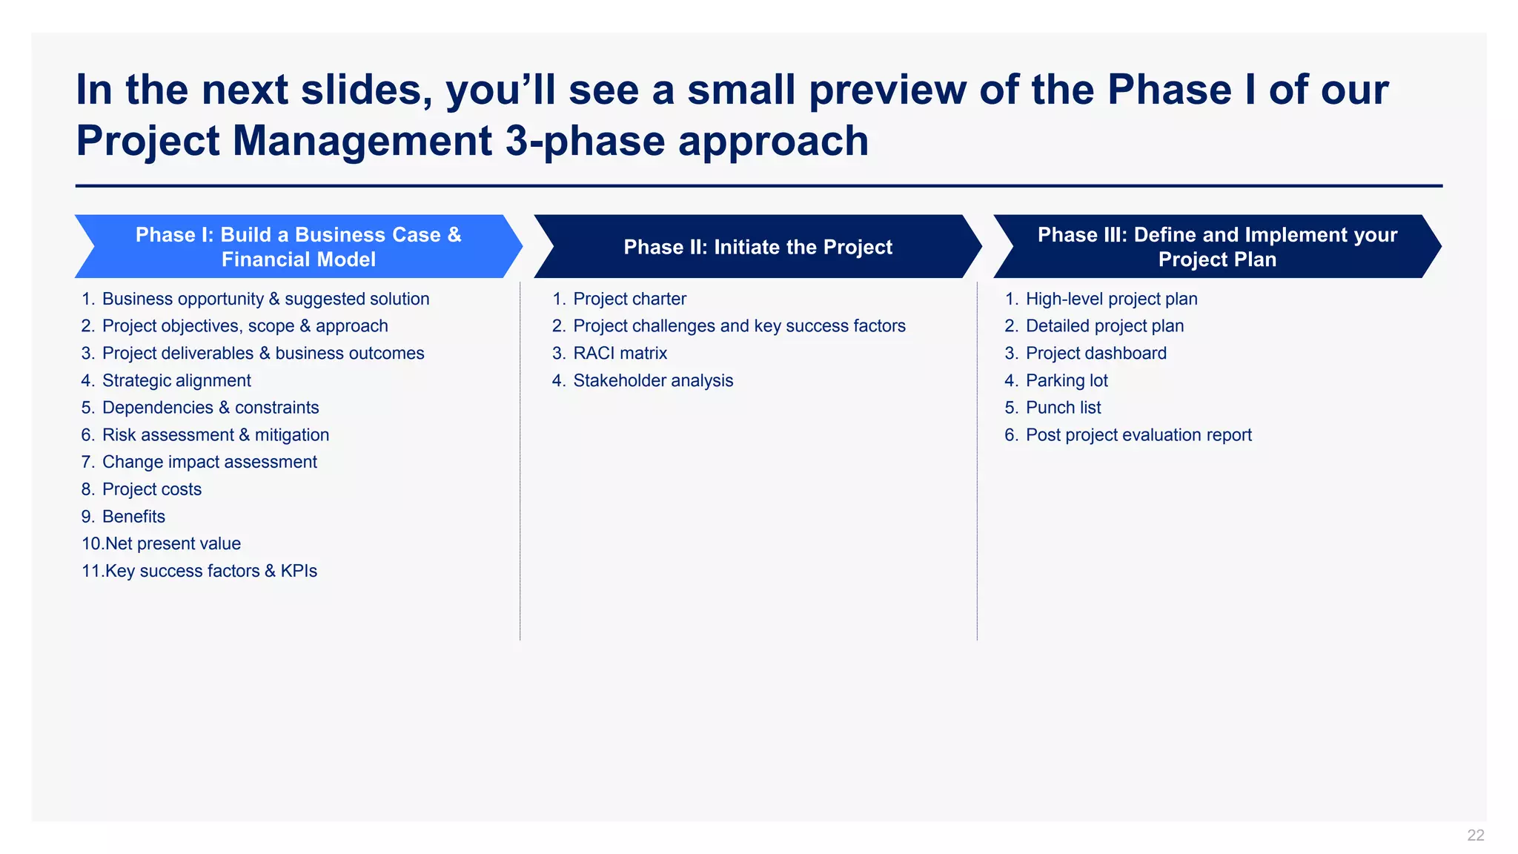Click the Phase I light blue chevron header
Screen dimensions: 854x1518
click(x=298, y=247)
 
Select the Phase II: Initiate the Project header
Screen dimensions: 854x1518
click(x=758, y=247)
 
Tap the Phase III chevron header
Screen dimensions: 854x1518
click(x=1217, y=247)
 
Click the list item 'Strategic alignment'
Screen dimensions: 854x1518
click(x=176, y=380)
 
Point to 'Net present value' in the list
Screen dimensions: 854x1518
click(x=172, y=543)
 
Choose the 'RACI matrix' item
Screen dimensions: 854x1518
click(x=620, y=354)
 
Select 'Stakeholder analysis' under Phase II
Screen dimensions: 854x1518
click(x=652, y=380)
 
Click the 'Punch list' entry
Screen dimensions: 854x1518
click(x=1063, y=408)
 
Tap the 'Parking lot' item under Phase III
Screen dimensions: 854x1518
click(x=1066, y=380)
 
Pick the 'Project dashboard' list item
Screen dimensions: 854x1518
click(x=1096, y=354)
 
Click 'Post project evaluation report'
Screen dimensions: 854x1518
click(x=1138, y=435)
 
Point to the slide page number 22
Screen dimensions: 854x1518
click(x=1475, y=835)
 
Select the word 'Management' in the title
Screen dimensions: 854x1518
click(x=362, y=141)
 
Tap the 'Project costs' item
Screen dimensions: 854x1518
click(x=151, y=489)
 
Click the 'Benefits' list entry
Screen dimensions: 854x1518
click(x=133, y=517)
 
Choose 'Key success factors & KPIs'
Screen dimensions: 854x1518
click(x=211, y=571)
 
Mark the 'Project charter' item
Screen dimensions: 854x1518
click(x=629, y=299)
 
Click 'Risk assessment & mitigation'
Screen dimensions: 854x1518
click(x=215, y=435)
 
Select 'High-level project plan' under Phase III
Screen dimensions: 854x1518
click(x=1111, y=299)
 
